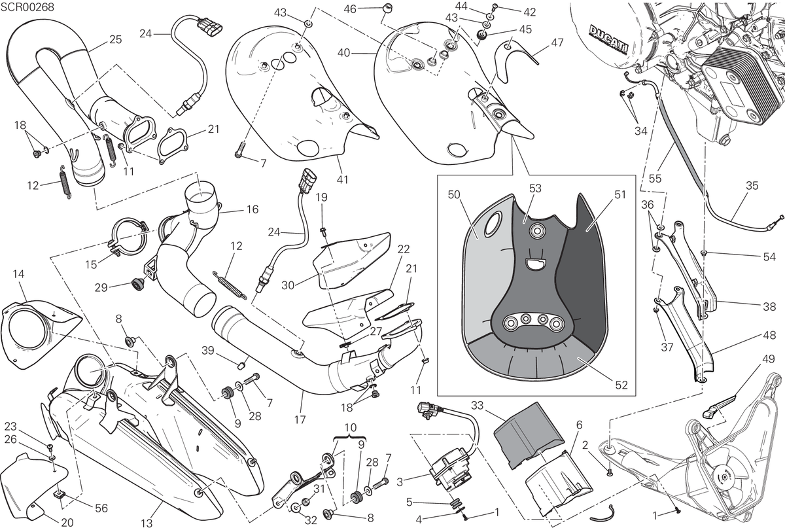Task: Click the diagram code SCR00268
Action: click(x=27, y=7)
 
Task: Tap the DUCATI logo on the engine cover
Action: click(x=608, y=39)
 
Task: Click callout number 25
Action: click(x=115, y=40)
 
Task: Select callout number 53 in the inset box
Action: click(x=535, y=188)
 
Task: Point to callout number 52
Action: click(x=621, y=385)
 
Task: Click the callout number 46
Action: click(x=350, y=9)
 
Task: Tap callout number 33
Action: click(x=477, y=405)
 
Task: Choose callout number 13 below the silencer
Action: click(x=147, y=523)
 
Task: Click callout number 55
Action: click(x=655, y=179)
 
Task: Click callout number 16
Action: click(x=253, y=209)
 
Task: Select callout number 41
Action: click(x=342, y=179)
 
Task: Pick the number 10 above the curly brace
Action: click(x=351, y=427)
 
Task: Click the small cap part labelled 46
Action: click(x=387, y=9)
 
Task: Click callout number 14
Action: click(x=18, y=274)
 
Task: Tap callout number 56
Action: click(x=101, y=508)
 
